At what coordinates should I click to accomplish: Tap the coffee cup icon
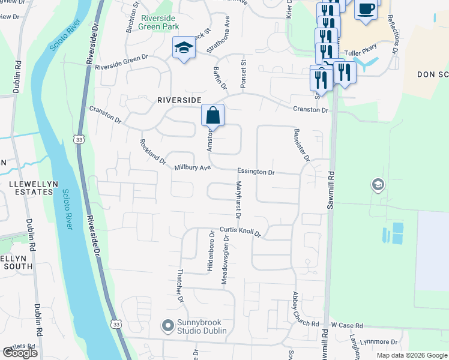pyautogui.click(x=365, y=10)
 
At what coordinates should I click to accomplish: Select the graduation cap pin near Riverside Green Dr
pyautogui.click(x=183, y=48)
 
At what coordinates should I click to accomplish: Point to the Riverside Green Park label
pyautogui.click(x=160, y=22)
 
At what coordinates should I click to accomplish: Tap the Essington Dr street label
pyautogui.click(x=256, y=172)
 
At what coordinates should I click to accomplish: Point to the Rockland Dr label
pyautogui.click(x=152, y=152)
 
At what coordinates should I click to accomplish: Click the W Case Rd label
pyautogui.click(x=347, y=325)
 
